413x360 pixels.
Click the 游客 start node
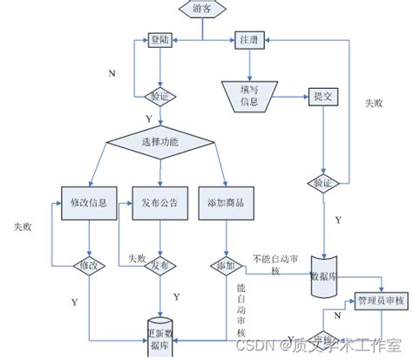[202, 8]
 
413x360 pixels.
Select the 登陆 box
[159, 40]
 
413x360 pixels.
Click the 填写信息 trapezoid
[249, 97]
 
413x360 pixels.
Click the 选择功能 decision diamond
[159, 141]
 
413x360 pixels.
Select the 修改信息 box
[87, 202]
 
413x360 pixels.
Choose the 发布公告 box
[159, 202]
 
